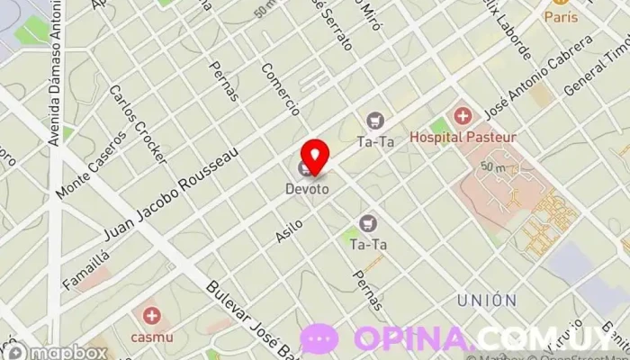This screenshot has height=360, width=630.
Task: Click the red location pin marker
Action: tap(314, 155)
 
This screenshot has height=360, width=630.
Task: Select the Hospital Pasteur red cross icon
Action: tap(463, 115)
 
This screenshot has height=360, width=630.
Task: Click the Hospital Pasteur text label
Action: tap(463, 137)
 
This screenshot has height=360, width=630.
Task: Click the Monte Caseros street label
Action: tap(87, 171)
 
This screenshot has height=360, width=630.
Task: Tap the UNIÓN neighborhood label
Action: tap(486, 300)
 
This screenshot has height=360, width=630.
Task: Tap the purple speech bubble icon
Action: tap(319, 339)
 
